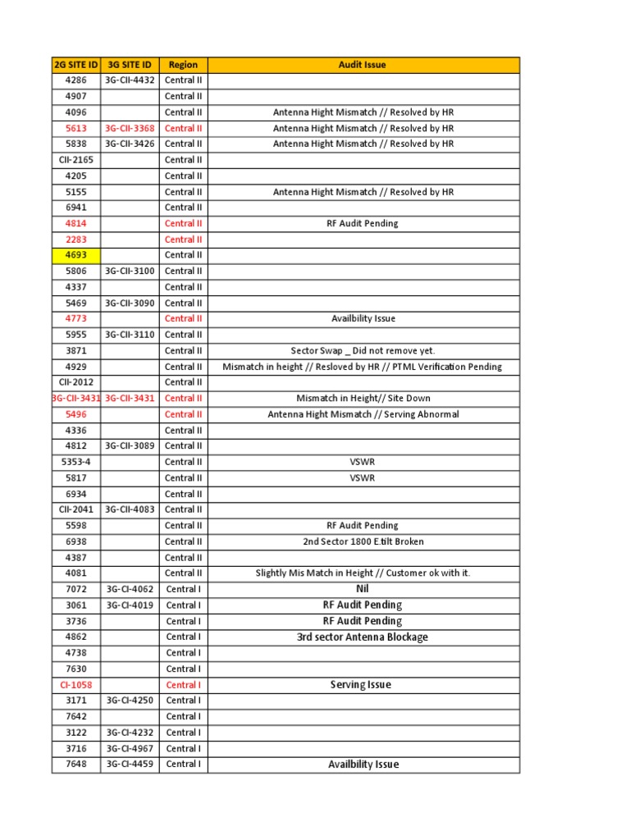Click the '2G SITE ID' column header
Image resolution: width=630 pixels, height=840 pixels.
tap(75, 65)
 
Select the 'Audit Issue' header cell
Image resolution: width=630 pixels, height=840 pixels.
tap(363, 65)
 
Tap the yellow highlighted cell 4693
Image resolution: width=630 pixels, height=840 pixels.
tap(75, 255)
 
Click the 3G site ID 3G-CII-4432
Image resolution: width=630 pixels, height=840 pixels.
tap(130, 80)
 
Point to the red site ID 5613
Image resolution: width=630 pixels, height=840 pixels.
tap(75, 128)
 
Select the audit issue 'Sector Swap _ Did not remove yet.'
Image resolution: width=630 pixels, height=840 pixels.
tap(363, 350)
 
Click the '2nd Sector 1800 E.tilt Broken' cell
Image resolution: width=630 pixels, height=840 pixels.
tap(363, 541)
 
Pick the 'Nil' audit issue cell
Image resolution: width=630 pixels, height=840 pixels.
tap(363, 589)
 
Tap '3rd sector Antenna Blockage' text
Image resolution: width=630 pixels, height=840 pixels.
tap(363, 637)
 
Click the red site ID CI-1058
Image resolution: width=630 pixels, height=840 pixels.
tap(75, 685)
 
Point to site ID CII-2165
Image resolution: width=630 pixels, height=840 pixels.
tap(75, 160)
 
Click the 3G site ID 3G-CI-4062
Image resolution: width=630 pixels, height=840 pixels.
tap(130, 589)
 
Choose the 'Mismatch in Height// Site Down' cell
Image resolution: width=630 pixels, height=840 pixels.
tap(363, 399)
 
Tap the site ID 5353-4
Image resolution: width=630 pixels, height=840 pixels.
tap(75, 462)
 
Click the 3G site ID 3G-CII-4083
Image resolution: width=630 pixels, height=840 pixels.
tap(130, 509)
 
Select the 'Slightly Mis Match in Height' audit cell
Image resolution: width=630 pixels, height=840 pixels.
tap(363, 573)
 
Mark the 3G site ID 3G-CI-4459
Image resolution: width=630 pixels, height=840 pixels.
tap(130, 765)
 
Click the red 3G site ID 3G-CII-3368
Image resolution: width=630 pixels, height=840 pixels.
tap(130, 128)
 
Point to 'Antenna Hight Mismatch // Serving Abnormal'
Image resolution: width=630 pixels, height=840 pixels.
tap(363, 414)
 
